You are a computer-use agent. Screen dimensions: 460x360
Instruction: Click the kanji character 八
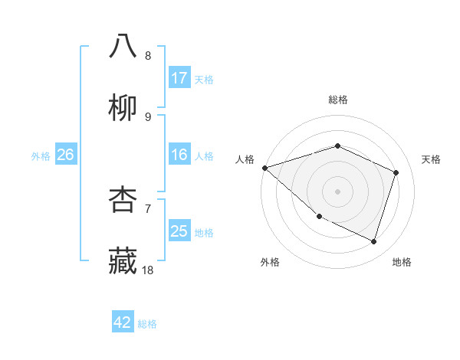tap(123, 46)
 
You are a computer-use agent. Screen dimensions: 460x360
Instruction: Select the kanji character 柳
tap(123, 107)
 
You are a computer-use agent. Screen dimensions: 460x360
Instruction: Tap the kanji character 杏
tap(123, 199)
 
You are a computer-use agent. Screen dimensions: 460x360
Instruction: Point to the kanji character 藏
tap(123, 261)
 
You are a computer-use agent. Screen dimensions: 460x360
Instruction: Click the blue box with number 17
tap(179, 77)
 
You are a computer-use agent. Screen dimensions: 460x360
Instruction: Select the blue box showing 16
tap(179, 155)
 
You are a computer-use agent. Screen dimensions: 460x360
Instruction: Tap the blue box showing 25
tap(179, 231)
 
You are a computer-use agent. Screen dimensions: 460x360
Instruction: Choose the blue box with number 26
tap(65, 155)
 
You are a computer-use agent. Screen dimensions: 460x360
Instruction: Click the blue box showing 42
tap(123, 322)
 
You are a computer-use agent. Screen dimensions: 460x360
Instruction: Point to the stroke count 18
tap(148, 270)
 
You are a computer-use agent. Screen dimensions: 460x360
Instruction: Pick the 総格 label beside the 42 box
tap(147, 323)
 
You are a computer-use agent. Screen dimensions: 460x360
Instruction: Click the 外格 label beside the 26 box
tap(41, 155)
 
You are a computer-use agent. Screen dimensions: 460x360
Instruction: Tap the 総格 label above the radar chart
tap(337, 100)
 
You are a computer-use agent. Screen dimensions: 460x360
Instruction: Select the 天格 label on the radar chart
tap(432, 159)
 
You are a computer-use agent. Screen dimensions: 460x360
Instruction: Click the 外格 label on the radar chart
tap(270, 262)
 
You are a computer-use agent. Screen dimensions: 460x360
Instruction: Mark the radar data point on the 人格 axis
tap(264, 168)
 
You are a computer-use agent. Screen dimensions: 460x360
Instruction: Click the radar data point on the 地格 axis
tap(373, 241)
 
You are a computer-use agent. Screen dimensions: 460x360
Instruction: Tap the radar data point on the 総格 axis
tap(337, 146)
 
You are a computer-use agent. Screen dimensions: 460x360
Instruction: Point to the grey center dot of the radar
tap(337, 191)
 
